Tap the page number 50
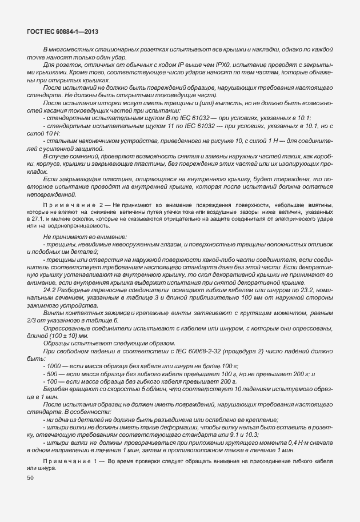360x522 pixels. click(30, 477)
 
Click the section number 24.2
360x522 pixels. click(50, 289)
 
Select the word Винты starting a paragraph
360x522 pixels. click(53, 312)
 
